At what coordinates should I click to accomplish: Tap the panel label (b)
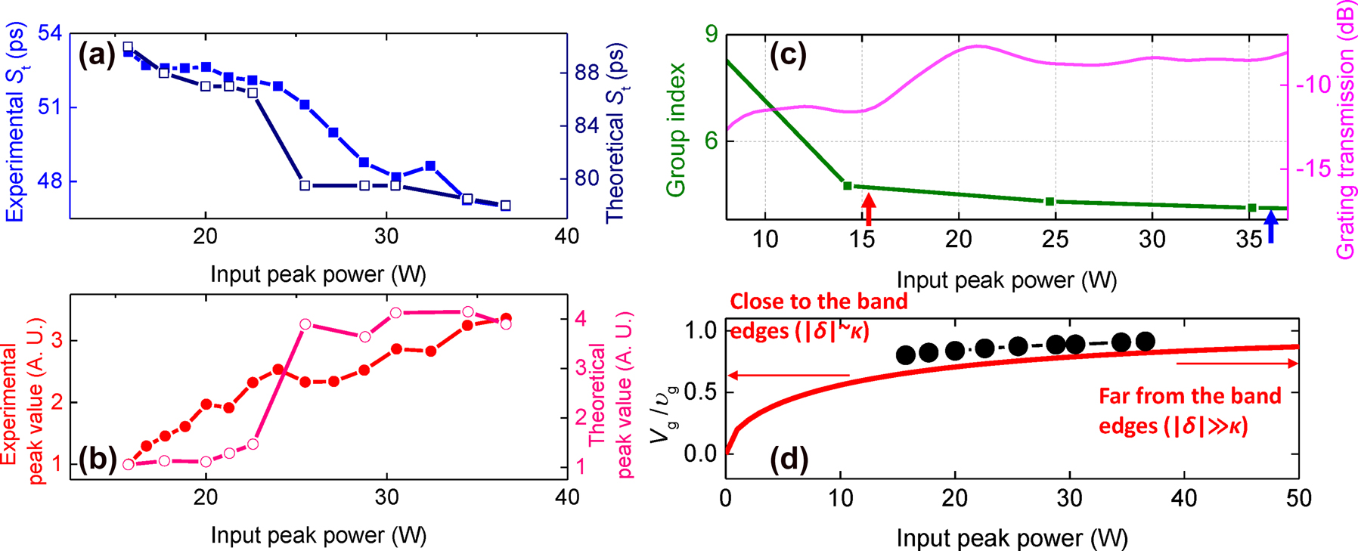click(x=96, y=460)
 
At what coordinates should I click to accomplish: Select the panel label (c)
click(x=788, y=55)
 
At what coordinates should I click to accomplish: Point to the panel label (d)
click(x=788, y=458)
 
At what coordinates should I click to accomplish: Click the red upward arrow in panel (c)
click(x=869, y=209)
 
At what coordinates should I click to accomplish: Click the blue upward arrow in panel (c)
click(x=1271, y=226)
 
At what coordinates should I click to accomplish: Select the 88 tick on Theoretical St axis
click(x=587, y=73)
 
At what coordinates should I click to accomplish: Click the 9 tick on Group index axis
click(x=711, y=35)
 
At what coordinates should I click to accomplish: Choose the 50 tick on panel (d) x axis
click(x=1298, y=498)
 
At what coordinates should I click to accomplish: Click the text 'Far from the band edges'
click(x=1189, y=410)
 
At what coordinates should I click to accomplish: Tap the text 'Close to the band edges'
click(x=818, y=316)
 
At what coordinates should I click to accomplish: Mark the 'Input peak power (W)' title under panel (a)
click(x=318, y=274)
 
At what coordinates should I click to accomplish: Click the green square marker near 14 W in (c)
click(x=848, y=185)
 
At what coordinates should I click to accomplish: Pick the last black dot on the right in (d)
click(x=1146, y=342)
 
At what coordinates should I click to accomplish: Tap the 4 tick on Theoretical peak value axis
click(x=580, y=319)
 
